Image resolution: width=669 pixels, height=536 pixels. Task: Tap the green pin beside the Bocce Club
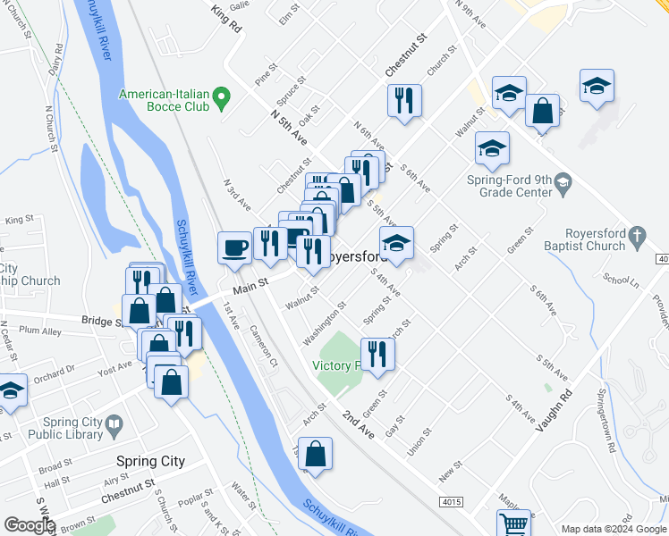[224, 95]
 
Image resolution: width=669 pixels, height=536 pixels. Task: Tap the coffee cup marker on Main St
[235, 247]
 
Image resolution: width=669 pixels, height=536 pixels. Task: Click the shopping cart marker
[513, 524]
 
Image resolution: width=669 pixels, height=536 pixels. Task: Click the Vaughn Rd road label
[555, 410]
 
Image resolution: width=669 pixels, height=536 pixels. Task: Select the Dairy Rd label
[57, 60]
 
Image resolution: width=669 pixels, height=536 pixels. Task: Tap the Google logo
[30, 524]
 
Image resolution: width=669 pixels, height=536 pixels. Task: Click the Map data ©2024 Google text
[614, 530]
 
